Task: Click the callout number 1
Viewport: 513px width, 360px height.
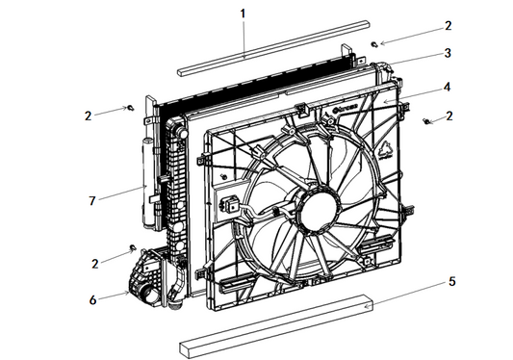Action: [x=244, y=13]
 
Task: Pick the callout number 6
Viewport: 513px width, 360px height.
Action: [x=93, y=299]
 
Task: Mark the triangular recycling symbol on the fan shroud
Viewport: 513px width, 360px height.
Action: [x=383, y=150]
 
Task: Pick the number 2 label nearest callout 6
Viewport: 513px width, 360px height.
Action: [x=93, y=263]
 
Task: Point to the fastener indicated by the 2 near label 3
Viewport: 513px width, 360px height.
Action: [x=373, y=43]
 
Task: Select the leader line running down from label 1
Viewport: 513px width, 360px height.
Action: [x=244, y=39]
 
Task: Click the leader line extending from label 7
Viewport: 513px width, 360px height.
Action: [x=120, y=193]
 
